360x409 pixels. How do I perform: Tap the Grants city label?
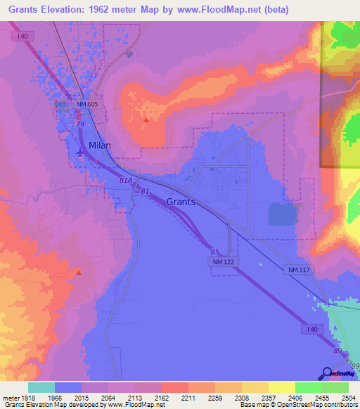[x=180, y=202]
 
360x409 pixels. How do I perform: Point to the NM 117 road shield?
[x=298, y=270]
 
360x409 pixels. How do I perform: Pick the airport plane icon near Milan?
[x=79, y=152]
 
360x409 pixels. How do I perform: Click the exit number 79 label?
[x=80, y=125]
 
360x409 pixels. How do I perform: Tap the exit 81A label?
[x=126, y=181]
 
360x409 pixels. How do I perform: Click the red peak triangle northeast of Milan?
[x=146, y=119]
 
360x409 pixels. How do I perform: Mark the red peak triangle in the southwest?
[x=79, y=272]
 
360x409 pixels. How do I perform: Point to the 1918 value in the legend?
[x=22, y=397]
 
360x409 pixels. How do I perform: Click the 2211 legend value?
[x=186, y=397]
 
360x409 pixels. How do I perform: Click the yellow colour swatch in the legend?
[x=281, y=387]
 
